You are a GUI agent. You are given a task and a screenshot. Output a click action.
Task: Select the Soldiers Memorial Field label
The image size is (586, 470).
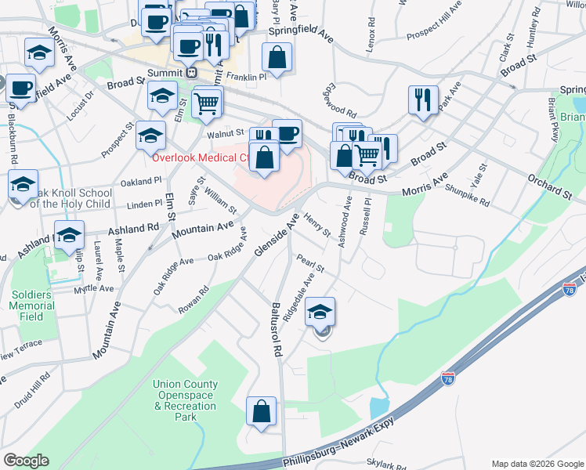tap(31, 305)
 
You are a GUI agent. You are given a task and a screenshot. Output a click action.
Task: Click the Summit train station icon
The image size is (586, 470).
tap(191, 72)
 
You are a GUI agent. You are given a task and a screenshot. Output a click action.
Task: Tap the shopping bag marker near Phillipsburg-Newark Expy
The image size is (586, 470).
tap(262, 411)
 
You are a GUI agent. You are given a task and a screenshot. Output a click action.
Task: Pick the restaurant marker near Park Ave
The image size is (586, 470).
tap(423, 100)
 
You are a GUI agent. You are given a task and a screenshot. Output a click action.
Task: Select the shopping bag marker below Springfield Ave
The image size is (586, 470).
tap(277, 57)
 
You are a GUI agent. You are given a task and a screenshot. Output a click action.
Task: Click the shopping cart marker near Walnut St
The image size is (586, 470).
tap(207, 102)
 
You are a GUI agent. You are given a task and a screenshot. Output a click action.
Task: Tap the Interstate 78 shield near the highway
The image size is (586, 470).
tap(448, 378)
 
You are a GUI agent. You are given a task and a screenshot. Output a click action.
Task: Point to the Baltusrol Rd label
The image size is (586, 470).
tap(276, 330)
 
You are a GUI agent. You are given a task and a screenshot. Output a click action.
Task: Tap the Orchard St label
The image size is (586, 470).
tap(549, 186)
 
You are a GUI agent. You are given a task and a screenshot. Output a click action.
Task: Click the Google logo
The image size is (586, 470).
tap(26, 461)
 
